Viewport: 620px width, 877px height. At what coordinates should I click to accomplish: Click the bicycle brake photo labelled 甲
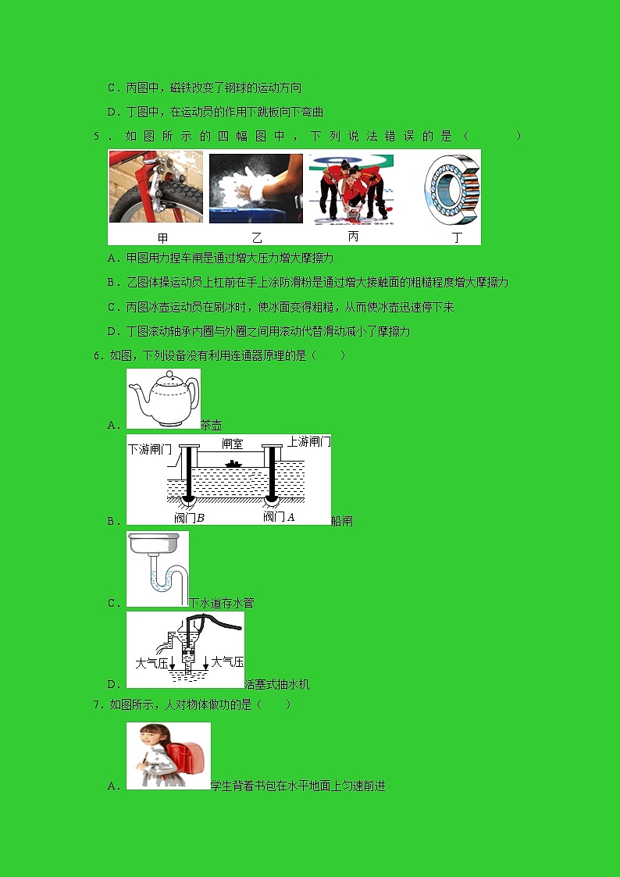[156, 187]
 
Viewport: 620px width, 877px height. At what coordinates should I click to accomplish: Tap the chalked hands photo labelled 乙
[255, 188]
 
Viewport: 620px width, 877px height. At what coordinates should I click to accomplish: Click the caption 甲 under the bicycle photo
[162, 238]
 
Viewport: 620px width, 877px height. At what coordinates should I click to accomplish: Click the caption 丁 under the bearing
[458, 237]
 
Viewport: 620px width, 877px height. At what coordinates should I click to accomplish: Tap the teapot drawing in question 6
[163, 398]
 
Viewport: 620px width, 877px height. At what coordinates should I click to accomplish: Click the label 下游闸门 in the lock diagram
[151, 449]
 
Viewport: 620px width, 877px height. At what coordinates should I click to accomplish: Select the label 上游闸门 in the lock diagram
[308, 441]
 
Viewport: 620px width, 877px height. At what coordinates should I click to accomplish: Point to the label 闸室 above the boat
[232, 444]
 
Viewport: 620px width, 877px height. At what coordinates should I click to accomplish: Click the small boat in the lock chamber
[233, 464]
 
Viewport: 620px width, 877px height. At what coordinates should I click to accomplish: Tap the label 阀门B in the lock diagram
[189, 517]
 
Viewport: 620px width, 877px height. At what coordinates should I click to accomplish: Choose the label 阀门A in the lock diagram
[279, 516]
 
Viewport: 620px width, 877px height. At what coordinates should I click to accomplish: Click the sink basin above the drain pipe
[154, 543]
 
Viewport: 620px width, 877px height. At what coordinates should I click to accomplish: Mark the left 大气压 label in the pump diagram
[151, 663]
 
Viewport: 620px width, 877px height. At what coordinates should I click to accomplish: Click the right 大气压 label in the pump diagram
[227, 662]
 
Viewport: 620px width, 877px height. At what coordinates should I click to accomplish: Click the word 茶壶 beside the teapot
[212, 425]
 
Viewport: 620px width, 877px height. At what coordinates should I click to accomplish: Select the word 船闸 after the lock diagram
[341, 521]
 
